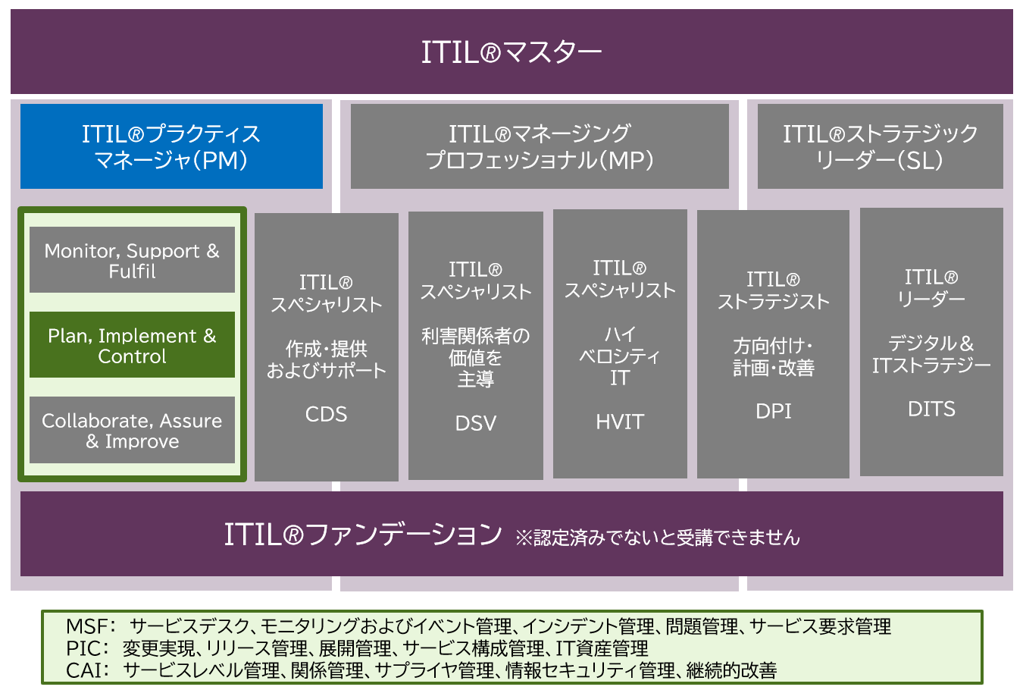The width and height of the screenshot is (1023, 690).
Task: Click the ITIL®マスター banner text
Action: [511, 52]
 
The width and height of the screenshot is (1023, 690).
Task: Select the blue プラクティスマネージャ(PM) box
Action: [171, 146]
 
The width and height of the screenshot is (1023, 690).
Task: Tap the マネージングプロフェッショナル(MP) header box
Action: [540, 146]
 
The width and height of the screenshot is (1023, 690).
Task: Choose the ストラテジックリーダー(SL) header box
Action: [880, 146]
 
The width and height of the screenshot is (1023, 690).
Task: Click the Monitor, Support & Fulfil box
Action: [132, 260]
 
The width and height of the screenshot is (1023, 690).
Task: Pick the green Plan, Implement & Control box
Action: [132, 345]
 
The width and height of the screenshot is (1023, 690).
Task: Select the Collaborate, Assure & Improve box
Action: [132, 430]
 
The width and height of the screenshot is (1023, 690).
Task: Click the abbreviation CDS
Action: [326, 414]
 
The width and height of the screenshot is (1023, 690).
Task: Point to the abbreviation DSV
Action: [476, 423]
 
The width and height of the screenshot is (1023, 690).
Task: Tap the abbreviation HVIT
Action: [620, 422]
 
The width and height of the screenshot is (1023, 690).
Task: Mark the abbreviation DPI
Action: [773, 411]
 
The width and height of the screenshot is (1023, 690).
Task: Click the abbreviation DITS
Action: [931, 409]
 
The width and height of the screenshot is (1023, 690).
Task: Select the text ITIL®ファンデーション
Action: [363, 535]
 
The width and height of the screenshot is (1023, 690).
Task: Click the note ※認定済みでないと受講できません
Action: [658, 538]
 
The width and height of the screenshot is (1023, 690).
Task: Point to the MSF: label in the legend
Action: [90, 626]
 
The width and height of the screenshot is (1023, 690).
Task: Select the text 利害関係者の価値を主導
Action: [476, 356]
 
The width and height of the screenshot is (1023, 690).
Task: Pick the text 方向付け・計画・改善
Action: [773, 356]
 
